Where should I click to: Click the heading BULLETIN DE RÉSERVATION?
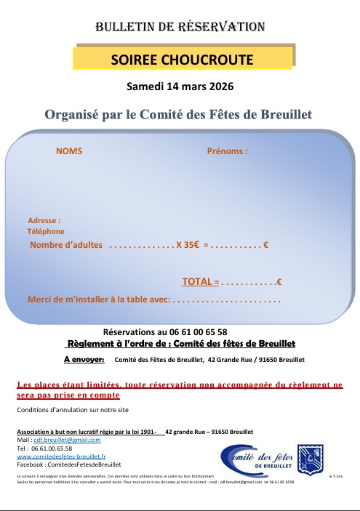pyautogui.click(x=180, y=27)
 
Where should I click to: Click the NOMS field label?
pyautogui.click(x=69, y=151)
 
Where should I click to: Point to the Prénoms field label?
pyautogui.click(x=228, y=151)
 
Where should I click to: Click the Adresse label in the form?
pyautogui.click(x=44, y=220)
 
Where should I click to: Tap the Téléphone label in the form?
pyautogui.click(x=46, y=231)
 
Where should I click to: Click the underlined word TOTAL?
pyautogui.click(x=196, y=281)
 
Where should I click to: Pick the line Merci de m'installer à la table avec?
pyautogui.click(x=98, y=299)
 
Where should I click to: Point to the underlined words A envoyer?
pyautogui.click(x=84, y=359)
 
